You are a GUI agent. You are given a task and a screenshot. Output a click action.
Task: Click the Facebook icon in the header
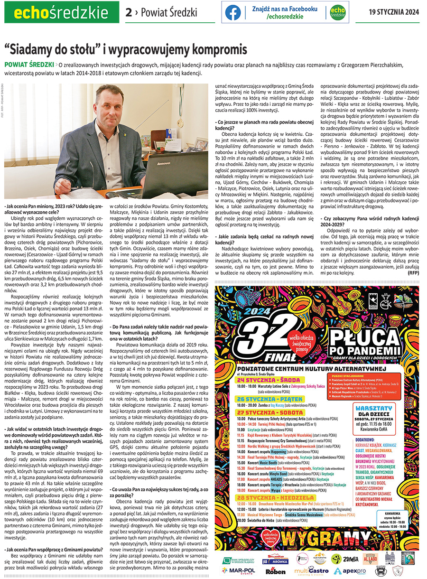[233, 12]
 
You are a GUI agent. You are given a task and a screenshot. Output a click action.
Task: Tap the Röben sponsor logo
[276, 571]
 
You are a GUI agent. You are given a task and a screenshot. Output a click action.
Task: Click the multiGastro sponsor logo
[311, 570]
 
